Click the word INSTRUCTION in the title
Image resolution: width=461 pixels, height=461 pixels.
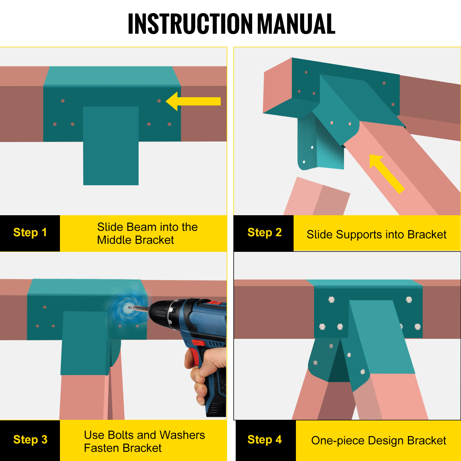click(190, 24)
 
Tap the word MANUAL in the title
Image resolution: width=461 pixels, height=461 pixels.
click(296, 24)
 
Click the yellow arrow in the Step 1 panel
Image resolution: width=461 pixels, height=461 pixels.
click(193, 101)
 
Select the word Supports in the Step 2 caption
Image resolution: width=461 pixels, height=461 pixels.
click(359, 235)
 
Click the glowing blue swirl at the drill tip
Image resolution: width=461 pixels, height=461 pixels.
click(127, 309)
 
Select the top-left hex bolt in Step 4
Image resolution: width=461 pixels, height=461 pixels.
click(331, 300)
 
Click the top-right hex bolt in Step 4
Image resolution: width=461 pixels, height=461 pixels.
click(409, 300)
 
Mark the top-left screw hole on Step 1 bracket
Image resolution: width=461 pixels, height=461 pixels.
click(63, 101)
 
